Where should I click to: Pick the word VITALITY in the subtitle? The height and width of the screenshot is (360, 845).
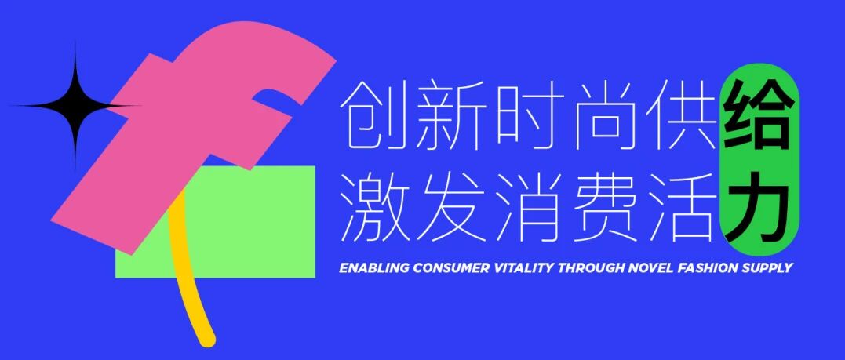tap(523, 268)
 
